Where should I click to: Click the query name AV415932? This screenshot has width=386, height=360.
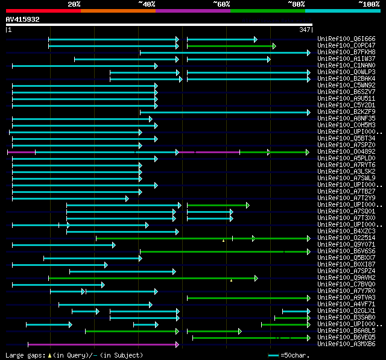(x=23, y=19)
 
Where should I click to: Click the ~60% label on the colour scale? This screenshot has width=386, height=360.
(x=221, y=4)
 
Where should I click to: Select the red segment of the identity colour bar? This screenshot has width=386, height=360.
(x=43, y=11)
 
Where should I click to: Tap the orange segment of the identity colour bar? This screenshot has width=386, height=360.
(x=118, y=11)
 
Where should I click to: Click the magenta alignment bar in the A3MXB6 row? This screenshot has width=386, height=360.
(x=103, y=344)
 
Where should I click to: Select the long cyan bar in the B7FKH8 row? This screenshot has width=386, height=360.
(x=224, y=52)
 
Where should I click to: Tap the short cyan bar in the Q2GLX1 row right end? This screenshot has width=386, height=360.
(x=296, y=311)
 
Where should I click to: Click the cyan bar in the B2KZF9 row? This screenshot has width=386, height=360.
(x=224, y=112)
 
